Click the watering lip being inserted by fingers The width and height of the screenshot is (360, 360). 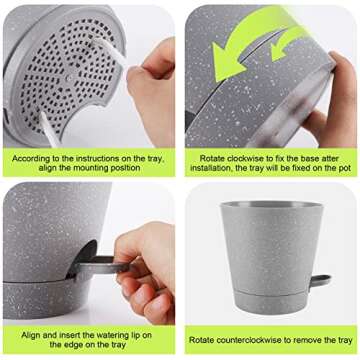click(x=105, y=267)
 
